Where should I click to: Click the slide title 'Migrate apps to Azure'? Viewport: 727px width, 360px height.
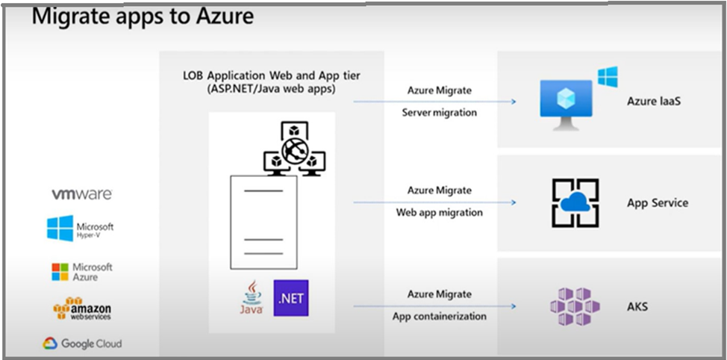142,16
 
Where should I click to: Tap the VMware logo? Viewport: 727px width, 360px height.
81,194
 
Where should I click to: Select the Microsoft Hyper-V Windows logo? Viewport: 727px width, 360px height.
60,229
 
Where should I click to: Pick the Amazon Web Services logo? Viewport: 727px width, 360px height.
81,308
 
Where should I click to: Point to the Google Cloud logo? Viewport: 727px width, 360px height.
81,344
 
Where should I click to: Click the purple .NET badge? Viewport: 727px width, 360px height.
290,298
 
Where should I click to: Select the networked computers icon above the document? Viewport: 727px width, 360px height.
295,150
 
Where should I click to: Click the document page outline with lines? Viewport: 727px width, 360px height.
263,223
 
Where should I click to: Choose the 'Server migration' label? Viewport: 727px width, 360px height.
439,112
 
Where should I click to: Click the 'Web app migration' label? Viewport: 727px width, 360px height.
439,212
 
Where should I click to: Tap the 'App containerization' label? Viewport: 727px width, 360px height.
439,316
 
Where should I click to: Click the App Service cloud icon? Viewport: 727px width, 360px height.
575,202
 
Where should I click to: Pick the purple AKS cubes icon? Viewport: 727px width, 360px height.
575,306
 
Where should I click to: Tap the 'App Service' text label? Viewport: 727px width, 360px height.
657,203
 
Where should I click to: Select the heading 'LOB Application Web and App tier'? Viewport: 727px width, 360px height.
272,76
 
